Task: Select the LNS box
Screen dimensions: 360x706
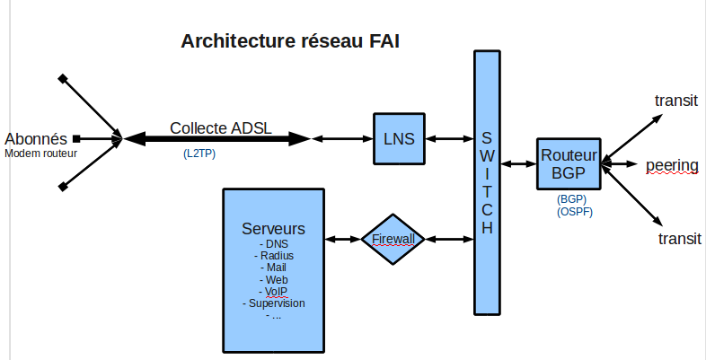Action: [x=399, y=138]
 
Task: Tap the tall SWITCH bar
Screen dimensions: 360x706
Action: [x=486, y=183]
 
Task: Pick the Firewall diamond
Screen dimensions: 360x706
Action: [x=393, y=239]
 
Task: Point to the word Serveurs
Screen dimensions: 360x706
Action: [x=274, y=228]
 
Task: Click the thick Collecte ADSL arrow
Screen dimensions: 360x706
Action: [x=216, y=138]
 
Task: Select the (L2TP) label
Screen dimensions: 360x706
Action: [x=199, y=154]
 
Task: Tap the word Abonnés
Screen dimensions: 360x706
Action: [x=35, y=138]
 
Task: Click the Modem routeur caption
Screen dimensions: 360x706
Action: [x=40, y=154]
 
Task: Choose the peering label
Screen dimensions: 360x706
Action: [x=672, y=164]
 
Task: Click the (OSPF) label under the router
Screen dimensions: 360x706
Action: [x=575, y=212]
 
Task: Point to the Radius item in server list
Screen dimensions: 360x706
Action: [x=274, y=256]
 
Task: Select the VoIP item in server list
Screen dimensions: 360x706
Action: [x=274, y=292]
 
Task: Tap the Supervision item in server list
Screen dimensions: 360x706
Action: [x=274, y=303]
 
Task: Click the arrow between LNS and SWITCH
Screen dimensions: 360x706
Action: [x=450, y=138]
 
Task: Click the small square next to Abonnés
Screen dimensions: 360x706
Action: [x=77, y=138]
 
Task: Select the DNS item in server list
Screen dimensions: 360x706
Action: [x=274, y=244]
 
